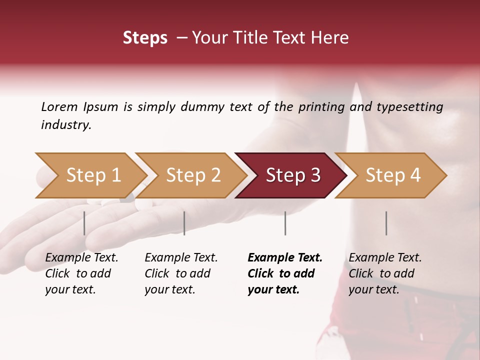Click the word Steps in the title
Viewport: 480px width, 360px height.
(x=145, y=38)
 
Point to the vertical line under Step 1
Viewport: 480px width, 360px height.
(x=84, y=223)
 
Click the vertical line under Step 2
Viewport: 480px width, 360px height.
(x=184, y=223)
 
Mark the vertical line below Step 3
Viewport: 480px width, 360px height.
(x=285, y=223)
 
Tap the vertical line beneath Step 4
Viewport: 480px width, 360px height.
(x=386, y=223)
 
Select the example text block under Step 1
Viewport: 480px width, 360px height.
(x=81, y=273)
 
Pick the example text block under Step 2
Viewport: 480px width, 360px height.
(x=181, y=273)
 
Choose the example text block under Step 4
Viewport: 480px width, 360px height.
(x=385, y=273)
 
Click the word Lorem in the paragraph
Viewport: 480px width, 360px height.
(x=59, y=106)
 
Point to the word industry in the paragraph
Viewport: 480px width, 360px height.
(x=65, y=125)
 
